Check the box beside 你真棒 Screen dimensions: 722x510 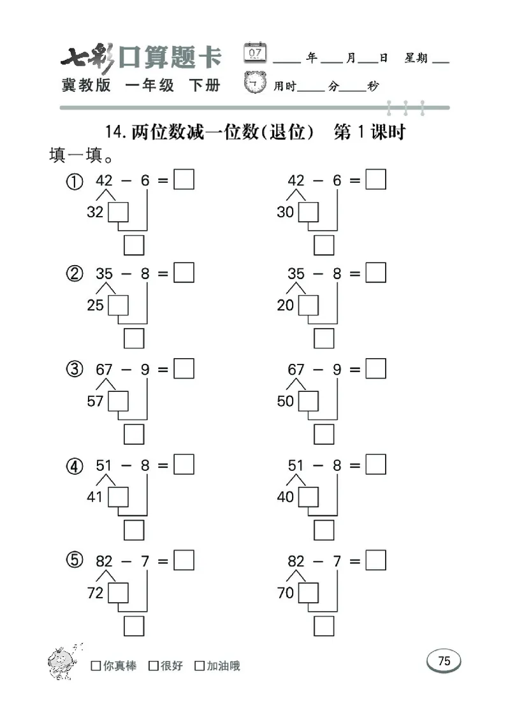point(96,666)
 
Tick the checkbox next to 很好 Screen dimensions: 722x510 point(154,666)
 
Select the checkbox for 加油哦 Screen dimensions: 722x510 point(200,666)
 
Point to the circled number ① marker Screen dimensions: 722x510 point(75,182)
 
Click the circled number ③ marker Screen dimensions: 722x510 point(75,370)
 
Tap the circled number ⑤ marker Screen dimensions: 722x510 point(75,561)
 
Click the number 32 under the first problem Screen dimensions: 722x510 point(95,212)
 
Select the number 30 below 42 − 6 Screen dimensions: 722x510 point(285,212)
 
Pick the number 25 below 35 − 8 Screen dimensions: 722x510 point(95,306)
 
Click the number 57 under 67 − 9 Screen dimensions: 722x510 point(95,401)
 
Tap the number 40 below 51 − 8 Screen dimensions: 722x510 point(285,496)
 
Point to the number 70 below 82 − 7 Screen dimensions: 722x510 point(285,593)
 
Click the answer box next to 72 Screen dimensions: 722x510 point(118,593)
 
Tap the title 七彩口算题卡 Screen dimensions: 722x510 point(140,58)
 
